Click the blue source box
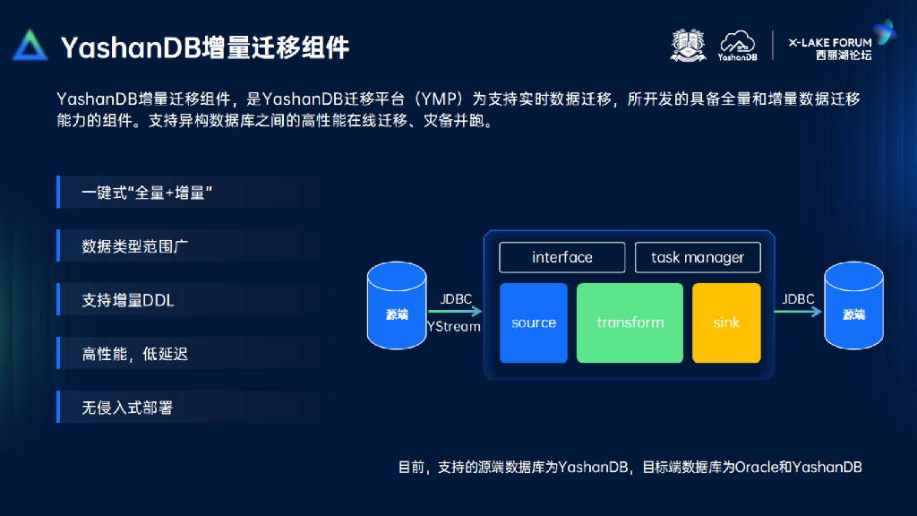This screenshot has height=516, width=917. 534,322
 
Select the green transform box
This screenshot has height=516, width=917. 630,322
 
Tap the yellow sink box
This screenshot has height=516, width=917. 726,322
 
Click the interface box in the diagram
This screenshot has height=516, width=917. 561,258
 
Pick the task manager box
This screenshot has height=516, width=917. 698,258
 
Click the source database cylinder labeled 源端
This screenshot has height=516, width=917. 397,307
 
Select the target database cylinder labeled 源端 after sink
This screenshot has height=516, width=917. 853,307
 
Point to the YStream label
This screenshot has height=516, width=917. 453,327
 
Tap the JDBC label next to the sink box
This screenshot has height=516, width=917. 798,300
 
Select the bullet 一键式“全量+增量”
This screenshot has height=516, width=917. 147,193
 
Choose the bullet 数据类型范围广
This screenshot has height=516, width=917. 135,246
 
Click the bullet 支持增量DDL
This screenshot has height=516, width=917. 128,300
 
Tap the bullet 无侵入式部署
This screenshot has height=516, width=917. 127,408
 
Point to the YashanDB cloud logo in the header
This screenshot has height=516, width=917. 737,45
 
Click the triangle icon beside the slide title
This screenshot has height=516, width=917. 30,45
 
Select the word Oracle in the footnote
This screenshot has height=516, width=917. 758,467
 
